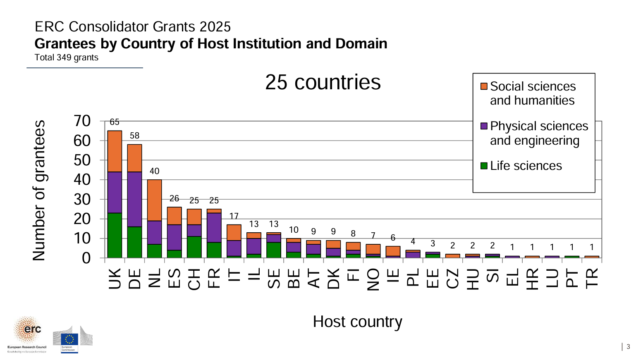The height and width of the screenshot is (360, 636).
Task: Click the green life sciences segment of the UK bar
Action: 115,236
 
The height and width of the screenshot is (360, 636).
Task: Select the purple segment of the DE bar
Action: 134,199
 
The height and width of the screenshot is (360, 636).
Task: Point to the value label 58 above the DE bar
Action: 134,136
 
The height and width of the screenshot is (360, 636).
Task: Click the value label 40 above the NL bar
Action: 154,171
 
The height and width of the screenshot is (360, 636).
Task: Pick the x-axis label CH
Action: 194,279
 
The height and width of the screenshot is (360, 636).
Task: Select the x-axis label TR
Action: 592,278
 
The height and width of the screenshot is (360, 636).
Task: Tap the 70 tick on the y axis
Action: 82,121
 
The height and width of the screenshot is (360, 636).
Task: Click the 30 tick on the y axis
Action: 82,199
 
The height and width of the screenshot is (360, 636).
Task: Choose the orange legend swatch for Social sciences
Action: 484,86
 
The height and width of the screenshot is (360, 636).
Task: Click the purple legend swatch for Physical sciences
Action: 484,126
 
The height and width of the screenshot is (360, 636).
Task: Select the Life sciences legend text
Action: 526,166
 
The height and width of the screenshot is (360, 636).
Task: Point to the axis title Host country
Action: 357,322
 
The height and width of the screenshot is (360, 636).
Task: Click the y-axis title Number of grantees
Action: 39,190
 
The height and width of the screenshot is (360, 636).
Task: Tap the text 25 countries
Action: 323,82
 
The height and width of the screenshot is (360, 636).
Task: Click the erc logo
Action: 27,330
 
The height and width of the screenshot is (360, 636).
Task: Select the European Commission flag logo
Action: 69,340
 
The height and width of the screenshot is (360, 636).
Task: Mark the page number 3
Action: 628,347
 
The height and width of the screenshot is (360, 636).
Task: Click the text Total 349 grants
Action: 67,57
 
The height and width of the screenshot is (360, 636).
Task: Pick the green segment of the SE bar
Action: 273,250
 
